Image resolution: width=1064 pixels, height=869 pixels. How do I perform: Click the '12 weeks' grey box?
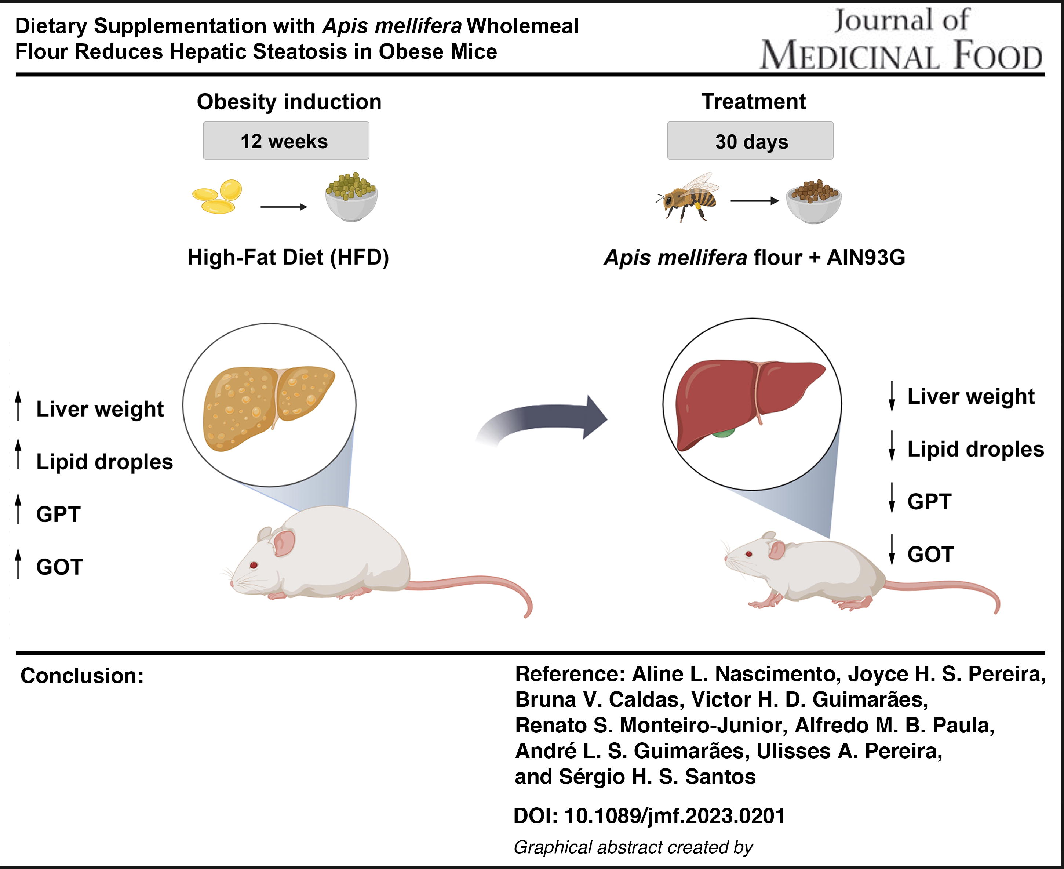286,141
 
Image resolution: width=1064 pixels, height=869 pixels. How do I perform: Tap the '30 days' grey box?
750,141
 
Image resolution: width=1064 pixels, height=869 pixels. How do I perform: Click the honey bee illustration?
687,197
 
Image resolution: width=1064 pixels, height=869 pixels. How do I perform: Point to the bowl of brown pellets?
814,201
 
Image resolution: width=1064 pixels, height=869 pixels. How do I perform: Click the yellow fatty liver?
268,407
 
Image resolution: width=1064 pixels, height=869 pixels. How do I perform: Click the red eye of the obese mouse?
254,565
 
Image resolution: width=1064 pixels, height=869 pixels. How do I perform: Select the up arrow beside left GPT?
18,509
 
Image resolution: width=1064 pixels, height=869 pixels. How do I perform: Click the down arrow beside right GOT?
891,550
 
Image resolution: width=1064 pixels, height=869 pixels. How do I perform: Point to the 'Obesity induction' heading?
289,102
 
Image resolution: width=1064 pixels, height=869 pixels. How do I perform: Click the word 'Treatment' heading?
754,102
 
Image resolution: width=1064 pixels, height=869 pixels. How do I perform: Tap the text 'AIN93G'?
866,257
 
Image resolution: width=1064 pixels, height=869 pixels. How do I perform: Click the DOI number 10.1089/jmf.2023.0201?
675,816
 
